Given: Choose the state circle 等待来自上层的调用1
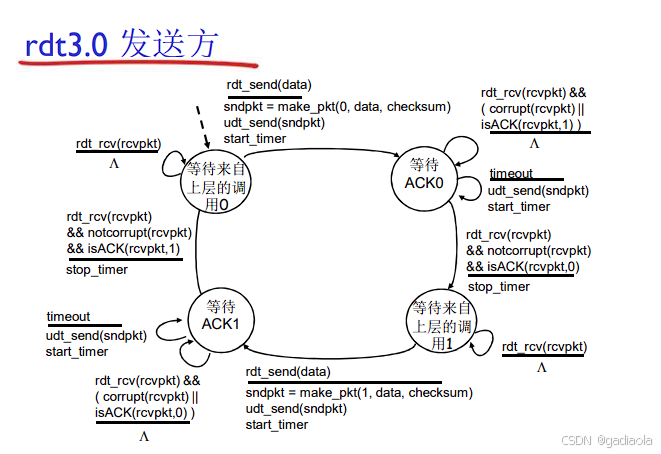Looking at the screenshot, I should pos(441,323).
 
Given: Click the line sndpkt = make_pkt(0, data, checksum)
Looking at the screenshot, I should pos(337,107).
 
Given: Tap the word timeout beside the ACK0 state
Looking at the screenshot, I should pos(511,174).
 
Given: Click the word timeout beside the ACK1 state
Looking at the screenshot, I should pos(68,317).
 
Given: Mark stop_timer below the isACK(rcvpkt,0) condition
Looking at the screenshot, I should pos(499,287).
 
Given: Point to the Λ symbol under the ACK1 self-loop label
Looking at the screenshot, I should pos(144,437).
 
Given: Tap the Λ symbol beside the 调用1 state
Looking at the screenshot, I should pos(542,367).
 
